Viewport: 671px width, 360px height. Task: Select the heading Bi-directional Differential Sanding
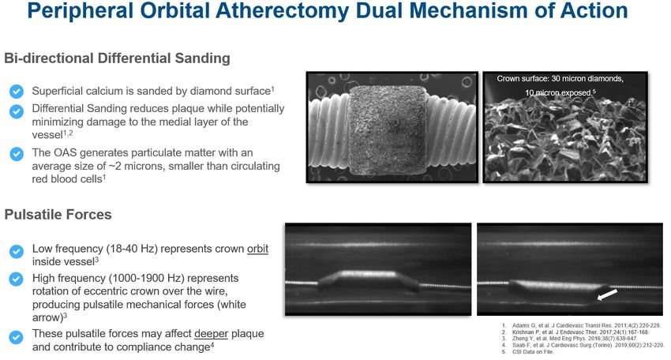117,58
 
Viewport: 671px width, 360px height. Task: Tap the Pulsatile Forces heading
58,214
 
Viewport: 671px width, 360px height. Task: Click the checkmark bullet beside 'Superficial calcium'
16,91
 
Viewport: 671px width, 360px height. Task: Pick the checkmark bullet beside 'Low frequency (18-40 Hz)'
16,251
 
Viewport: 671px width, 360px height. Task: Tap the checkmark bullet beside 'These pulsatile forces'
16,337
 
